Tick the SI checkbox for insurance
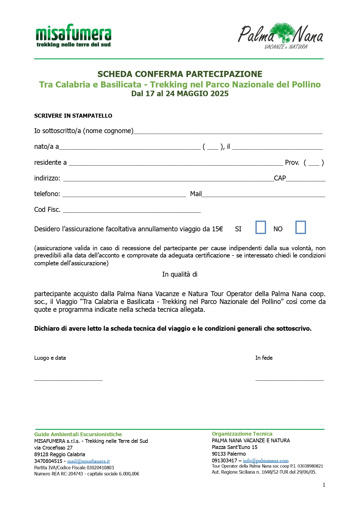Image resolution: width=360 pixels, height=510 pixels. (x=260, y=227)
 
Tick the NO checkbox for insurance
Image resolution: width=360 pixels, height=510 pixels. (x=300, y=227)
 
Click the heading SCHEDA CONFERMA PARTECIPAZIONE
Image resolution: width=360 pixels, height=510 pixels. (x=180, y=74)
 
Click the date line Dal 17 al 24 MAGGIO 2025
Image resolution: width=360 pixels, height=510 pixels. (x=180, y=94)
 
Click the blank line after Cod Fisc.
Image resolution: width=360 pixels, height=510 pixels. (x=132, y=210)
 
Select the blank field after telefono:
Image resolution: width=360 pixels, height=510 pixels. (x=124, y=195)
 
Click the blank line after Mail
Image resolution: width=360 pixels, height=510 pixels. (x=263, y=195)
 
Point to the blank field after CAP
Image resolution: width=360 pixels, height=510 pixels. (x=305, y=179)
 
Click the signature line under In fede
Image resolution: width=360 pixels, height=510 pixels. (x=289, y=378)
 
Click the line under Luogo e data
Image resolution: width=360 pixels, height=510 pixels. (x=68, y=378)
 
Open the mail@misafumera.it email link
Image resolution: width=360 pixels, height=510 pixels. (x=88, y=461)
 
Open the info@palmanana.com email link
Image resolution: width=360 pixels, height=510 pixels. (x=266, y=461)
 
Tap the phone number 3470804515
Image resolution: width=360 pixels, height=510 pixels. (x=48, y=461)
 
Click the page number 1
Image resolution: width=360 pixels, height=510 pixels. (x=324, y=485)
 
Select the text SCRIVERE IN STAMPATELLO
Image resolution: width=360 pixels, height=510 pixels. (x=73, y=116)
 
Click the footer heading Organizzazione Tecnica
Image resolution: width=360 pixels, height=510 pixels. (x=242, y=434)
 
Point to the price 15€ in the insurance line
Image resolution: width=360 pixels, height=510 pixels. (x=217, y=229)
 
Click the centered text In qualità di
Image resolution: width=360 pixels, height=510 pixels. (x=180, y=274)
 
